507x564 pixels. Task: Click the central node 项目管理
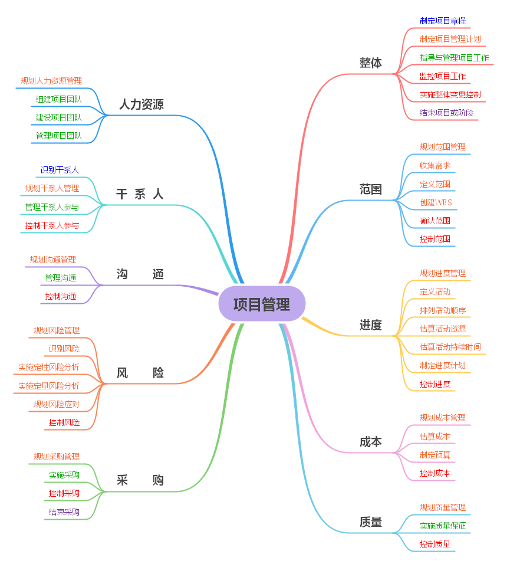(262, 304)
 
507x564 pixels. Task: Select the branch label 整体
(370, 63)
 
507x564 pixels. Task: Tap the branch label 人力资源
(141, 105)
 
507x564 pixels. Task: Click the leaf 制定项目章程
(442, 21)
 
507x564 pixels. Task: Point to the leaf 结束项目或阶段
(446, 113)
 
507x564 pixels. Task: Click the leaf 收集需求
(435, 165)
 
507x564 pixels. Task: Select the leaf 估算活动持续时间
(450, 346)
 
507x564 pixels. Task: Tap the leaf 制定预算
(435, 454)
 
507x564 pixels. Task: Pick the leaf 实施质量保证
(442, 526)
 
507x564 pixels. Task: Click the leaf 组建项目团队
(59, 99)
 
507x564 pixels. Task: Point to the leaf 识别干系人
(59, 170)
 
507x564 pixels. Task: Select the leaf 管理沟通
(61, 278)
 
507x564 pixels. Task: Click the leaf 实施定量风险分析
(49, 386)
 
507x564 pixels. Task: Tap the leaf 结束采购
(64, 511)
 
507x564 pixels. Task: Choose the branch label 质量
(370, 522)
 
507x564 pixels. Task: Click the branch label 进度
(370, 325)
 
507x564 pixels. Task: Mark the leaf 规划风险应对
(57, 404)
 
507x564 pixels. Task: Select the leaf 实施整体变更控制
(450, 94)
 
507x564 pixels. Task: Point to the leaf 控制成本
(435, 473)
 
